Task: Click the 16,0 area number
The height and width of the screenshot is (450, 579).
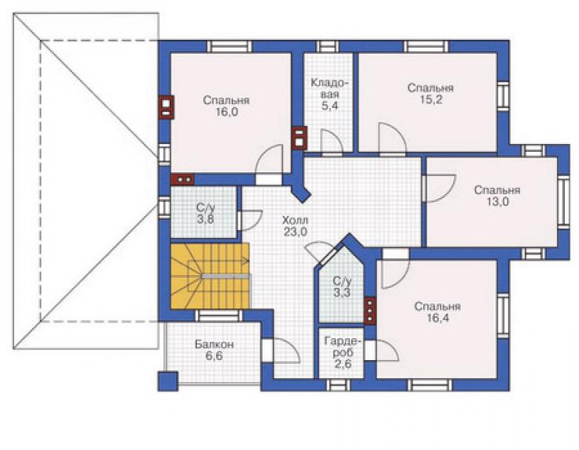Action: pos(226,112)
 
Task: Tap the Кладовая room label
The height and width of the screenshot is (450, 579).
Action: pos(329,89)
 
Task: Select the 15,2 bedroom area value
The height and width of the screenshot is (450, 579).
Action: pos(430,99)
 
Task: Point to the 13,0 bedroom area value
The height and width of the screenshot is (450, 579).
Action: pos(497,202)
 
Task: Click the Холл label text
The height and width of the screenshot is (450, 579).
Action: pos(295,221)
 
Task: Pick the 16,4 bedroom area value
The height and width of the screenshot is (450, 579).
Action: pos(437,318)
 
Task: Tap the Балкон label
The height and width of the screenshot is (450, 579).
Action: pos(214,344)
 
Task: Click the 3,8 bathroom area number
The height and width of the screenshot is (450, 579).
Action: pos(205,219)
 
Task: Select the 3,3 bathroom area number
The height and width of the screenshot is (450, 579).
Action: pos(342,293)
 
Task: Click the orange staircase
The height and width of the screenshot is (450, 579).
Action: pos(210,275)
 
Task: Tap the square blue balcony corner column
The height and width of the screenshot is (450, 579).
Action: pos(168,381)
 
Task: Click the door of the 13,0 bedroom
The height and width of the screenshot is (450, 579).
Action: pos(440,188)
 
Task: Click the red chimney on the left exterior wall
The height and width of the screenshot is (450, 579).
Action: pos(166,107)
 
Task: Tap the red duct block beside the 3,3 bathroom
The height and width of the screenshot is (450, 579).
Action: pos(369,311)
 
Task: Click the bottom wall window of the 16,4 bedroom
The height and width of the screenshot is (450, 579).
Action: pos(430,385)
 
